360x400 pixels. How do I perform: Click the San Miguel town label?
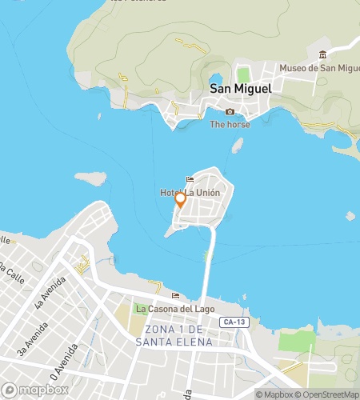tap(241, 90)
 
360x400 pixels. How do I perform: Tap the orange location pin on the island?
tap(181, 200)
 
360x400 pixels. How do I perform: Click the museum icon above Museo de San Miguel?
tap(323, 54)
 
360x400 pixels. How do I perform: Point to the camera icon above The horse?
tap(230, 111)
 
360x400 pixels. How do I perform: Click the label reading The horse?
tap(230, 124)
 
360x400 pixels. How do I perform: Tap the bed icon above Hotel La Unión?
tap(190, 179)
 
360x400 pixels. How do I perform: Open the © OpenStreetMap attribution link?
tap(328, 394)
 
